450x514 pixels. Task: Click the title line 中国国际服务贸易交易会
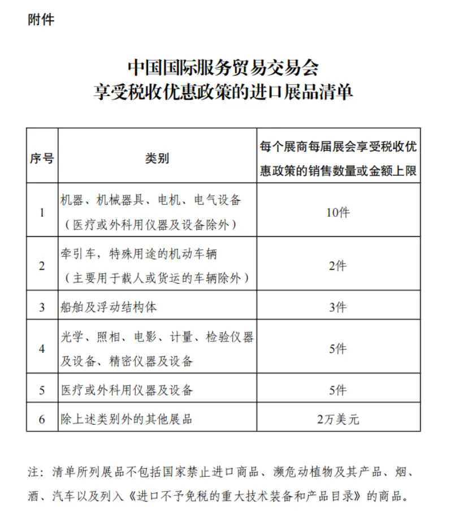(223, 68)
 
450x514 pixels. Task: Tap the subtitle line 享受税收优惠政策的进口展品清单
(223, 92)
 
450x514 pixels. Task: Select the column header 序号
(42, 158)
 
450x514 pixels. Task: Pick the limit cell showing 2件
(337, 266)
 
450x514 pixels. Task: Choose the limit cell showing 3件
(337, 307)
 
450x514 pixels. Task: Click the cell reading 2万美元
(337, 419)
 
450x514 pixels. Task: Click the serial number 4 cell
(42, 349)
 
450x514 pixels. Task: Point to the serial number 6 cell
(42, 419)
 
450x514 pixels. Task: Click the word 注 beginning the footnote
(32, 472)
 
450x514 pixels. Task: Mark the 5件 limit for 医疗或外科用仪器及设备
(337, 390)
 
